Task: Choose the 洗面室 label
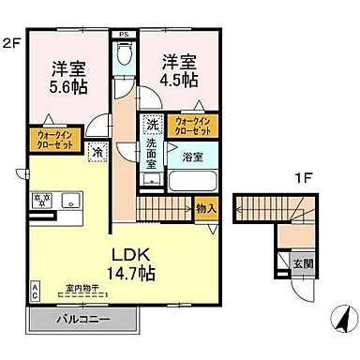(x=152, y=151)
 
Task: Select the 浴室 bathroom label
(x=193, y=157)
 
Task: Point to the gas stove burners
(x=43, y=200)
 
